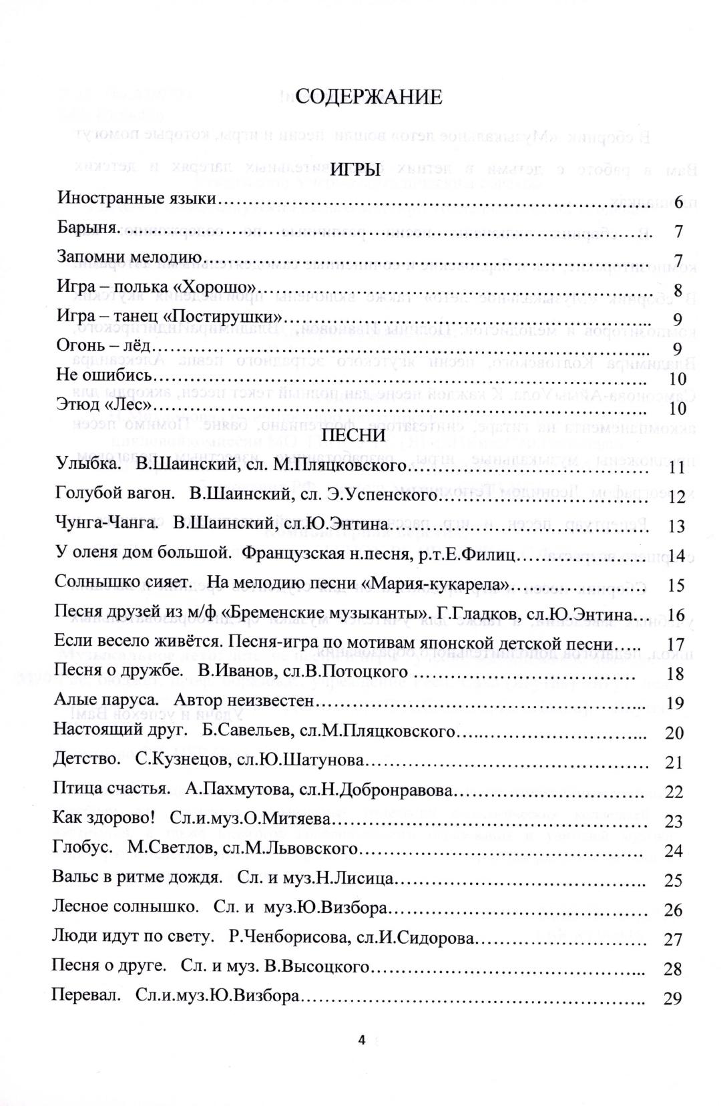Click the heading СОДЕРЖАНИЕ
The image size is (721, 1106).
369,98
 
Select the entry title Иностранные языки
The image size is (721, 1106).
138,198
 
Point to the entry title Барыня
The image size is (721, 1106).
88,228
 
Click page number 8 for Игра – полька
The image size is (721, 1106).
678,290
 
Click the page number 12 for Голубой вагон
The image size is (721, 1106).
676,497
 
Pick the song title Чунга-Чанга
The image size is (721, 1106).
107,524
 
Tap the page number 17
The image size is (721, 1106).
676,644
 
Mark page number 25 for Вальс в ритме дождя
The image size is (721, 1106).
674,880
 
